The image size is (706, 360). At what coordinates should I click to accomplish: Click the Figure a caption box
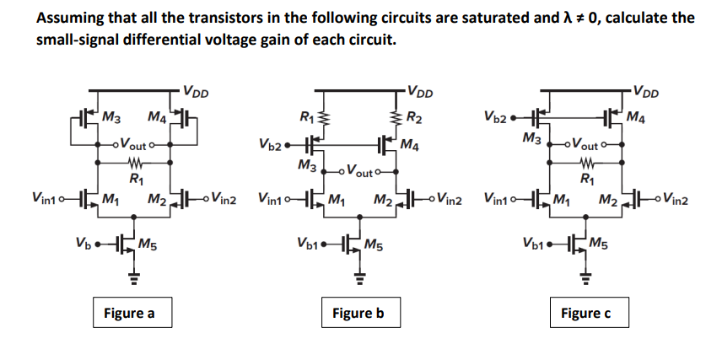click(x=128, y=314)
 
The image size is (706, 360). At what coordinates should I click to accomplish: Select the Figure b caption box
click(x=358, y=314)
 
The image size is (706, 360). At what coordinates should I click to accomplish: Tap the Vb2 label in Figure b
click(x=272, y=143)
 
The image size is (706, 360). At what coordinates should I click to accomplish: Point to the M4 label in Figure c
click(x=639, y=117)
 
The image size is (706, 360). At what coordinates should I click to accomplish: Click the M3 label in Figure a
click(x=110, y=116)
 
